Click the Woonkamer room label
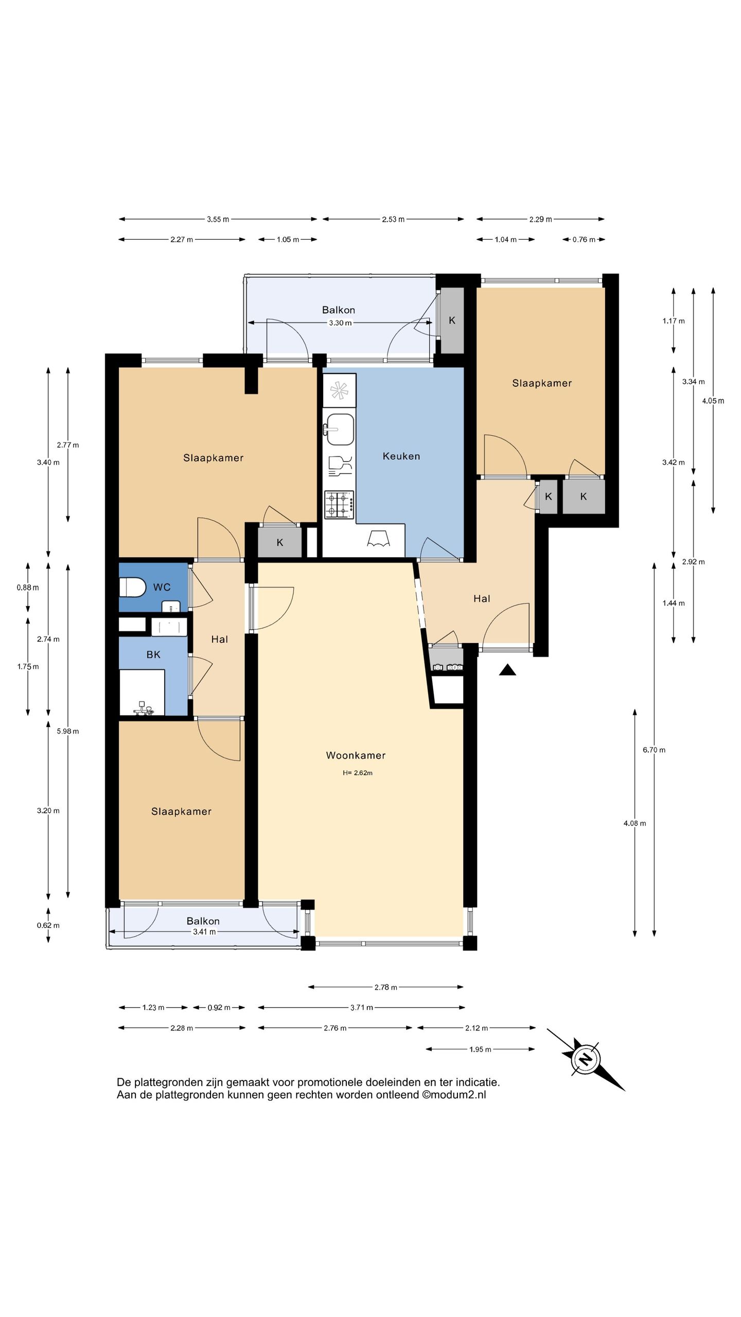click(356, 755)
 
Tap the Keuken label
click(401, 456)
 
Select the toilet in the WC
click(132, 587)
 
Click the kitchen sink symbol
click(340, 430)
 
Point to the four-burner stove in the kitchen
click(339, 505)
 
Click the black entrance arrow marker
click(507, 669)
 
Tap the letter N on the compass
click(585, 1059)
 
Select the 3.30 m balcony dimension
click(340, 323)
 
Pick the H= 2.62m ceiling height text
click(357, 773)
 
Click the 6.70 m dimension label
click(654, 750)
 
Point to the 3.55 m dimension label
click(218, 219)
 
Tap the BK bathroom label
click(153, 654)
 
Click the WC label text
click(162, 587)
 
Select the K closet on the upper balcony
click(452, 321)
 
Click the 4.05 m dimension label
click(713, 401)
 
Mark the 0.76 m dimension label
click(584, 240)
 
